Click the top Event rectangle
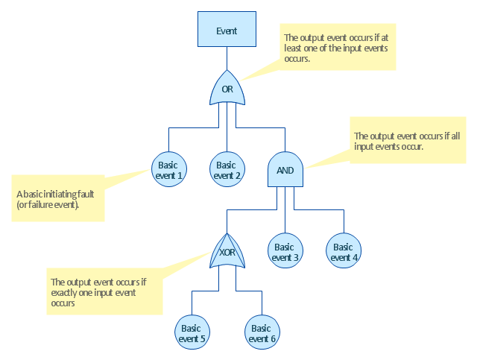(227, 31)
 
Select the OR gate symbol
(227, 89)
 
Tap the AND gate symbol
(285, 171)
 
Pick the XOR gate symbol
(227, 252)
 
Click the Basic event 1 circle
(168, 170)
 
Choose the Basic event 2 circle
(227, 170)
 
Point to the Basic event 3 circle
(285, 252)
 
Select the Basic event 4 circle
(343, 252)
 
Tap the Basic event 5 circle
(191, 332)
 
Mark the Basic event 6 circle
(261, 332)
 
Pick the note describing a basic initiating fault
(57, 198)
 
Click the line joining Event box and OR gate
(227, 59)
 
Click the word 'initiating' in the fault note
(60, 194)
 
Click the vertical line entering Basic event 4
(344, 221)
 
